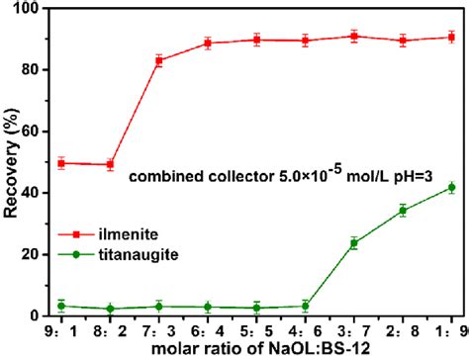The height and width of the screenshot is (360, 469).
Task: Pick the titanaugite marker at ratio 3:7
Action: (353, 242)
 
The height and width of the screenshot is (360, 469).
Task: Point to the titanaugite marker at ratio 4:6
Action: (305, 306)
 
